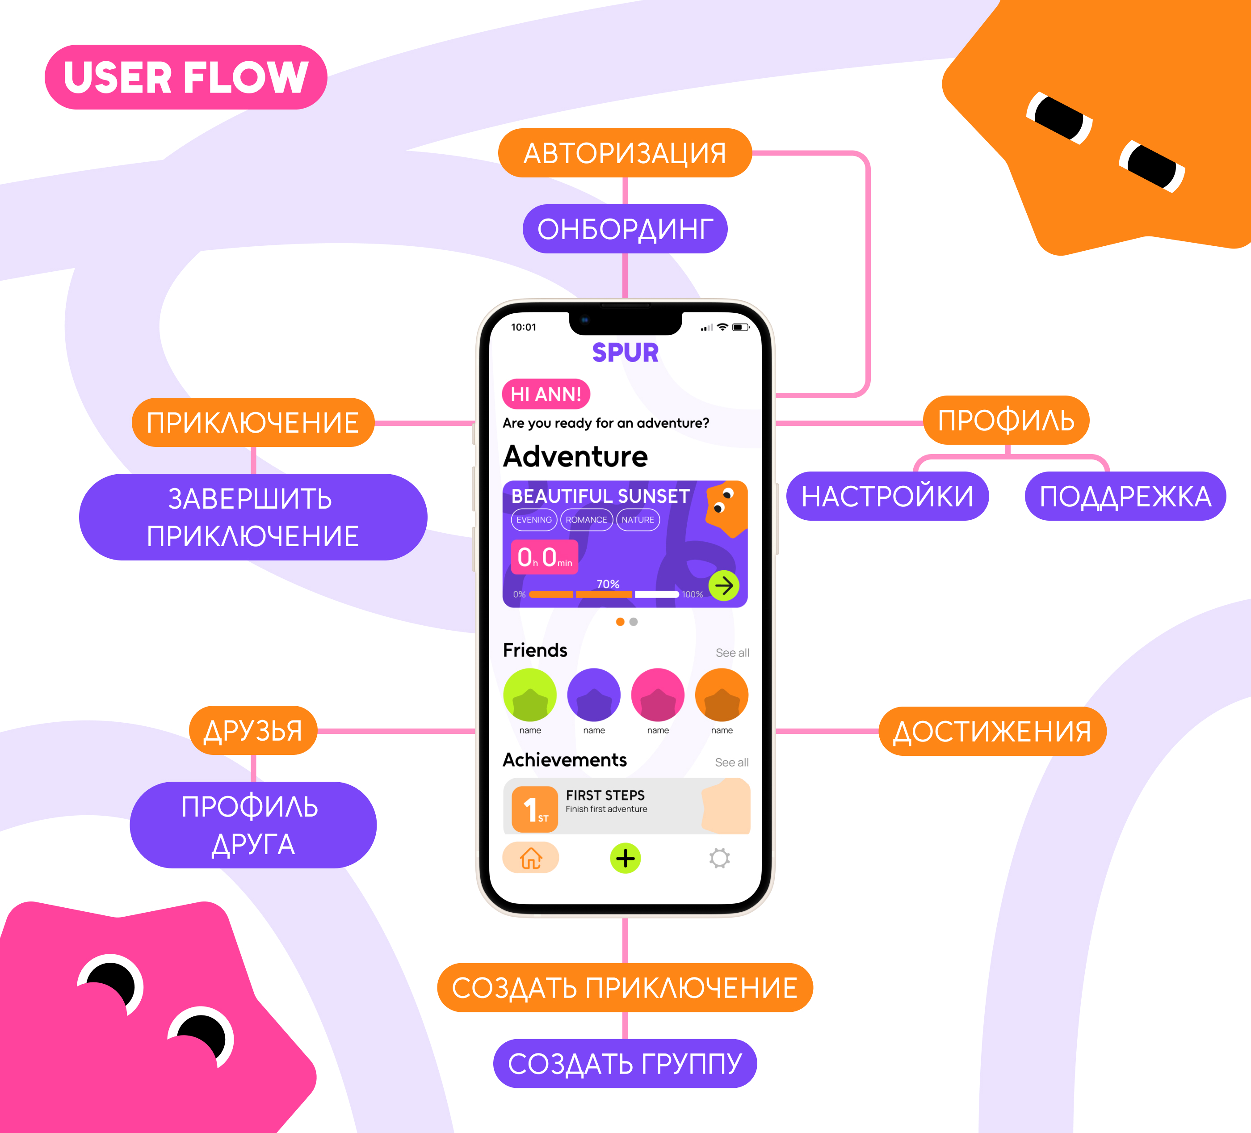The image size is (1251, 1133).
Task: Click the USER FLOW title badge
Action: point(185,77)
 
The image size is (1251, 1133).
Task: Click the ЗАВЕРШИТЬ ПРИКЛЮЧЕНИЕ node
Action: point(252,517)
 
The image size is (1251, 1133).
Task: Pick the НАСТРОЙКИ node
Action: point(887,496)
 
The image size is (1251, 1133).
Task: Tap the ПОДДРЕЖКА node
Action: point(1125,496)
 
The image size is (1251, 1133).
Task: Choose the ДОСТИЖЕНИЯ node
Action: point(991,731)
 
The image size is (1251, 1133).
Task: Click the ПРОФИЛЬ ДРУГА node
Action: point(252,825)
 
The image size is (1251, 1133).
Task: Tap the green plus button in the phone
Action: point(625,859)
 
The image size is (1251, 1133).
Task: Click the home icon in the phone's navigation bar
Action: point(531,859)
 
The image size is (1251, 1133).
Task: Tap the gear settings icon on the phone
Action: point(719,859)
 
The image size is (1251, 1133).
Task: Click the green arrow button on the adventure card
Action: point(723,585)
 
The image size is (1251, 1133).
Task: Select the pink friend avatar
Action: point(657,695)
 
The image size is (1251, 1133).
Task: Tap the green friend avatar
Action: point(530,695)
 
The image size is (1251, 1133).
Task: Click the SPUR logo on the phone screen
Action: point(625,353)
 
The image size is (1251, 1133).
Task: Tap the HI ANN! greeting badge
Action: point(546,394)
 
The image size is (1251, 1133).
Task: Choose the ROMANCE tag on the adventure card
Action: point(586,520)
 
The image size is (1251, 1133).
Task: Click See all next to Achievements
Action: point(732,762)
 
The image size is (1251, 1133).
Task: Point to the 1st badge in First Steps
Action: point(534,809)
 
